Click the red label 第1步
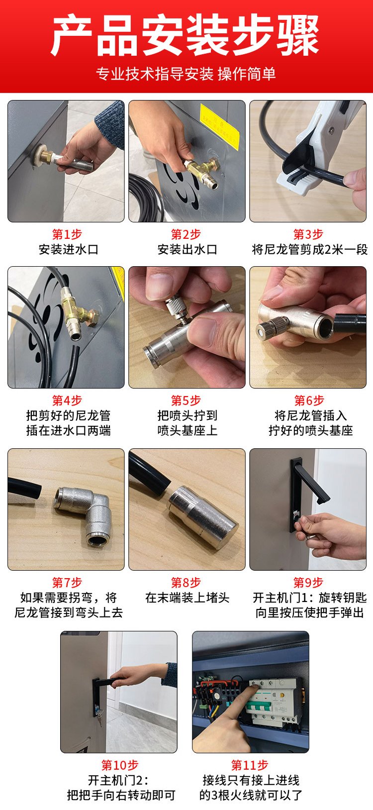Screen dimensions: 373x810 [67, 234]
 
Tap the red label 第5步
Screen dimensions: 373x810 [186, 401]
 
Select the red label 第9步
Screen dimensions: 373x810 [308, 583]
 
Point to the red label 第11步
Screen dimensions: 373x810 [249, 765]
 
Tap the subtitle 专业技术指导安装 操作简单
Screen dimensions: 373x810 [186, 74]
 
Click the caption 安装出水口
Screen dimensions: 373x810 [187, 249]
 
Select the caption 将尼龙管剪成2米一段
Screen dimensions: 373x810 [309, 249]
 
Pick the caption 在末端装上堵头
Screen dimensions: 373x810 [187, 598]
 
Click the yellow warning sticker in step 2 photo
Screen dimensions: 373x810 [219, 126]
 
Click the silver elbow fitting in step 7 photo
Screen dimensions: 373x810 [83, 513]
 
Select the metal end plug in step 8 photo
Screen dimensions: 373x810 [202, 517]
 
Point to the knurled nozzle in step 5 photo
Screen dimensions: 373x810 [177, 307]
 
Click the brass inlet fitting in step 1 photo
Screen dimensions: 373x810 [46, 156]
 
